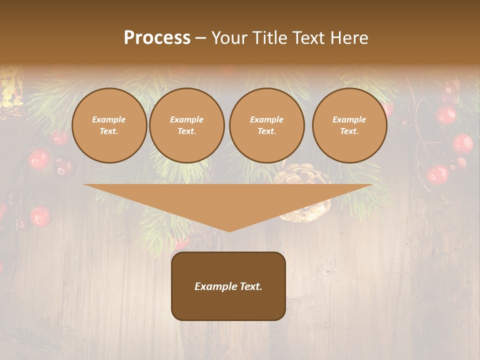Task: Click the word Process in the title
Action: pos(157,38)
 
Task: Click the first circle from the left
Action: pos(109,125)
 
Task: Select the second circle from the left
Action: pos(186,125)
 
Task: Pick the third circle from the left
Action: pos(266,125)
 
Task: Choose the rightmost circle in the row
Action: pos(349,125)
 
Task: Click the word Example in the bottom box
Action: pos(215,286)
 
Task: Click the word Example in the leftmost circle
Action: pos(109,119)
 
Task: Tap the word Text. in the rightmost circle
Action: pos(349,131)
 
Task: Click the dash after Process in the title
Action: pos(200,38)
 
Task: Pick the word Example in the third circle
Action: pos(266,119)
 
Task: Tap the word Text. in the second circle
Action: pos(186,131)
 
